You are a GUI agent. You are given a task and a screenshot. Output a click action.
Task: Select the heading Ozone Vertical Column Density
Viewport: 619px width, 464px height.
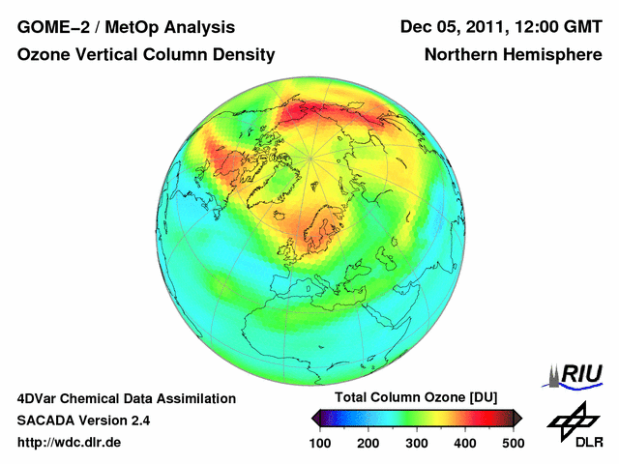pyautogui.click(x=146, y=55)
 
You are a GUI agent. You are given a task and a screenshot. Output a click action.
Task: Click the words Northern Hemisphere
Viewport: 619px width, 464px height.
pyautogui.click(x=513, y=55)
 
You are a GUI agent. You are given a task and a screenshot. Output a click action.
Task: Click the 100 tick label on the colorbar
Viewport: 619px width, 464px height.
pyautogui.click(x=319, y=442)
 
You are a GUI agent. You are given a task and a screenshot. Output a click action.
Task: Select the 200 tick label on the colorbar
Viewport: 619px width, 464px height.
pyautogui.click(x=368, y=442)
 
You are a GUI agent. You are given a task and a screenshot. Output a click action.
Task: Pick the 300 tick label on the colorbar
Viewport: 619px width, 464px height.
pyautogui.click(x=416, y=442)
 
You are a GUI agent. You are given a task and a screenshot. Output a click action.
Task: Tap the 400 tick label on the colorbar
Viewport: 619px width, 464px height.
pyautogui.click(x=464, y=442)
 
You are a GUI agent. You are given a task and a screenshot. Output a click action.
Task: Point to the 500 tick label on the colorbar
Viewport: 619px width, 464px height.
pyautogui.click(x=513, y=442)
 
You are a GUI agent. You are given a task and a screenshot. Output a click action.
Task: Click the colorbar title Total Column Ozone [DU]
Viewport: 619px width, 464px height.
pyautogui.click(x=416, y=398)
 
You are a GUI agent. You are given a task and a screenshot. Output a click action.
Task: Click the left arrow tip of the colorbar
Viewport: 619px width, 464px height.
pyautogui.click(x=313, y=418)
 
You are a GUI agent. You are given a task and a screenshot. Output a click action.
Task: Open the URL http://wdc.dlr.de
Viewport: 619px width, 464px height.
pyautogui.click(x=70, y=443)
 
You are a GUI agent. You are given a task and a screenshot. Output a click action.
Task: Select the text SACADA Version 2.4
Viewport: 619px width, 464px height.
pyautogui.click(x=83, y=420)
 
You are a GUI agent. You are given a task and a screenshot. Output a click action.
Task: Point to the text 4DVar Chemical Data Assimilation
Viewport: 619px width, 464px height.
pyautogui.click(x=126, y=398)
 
